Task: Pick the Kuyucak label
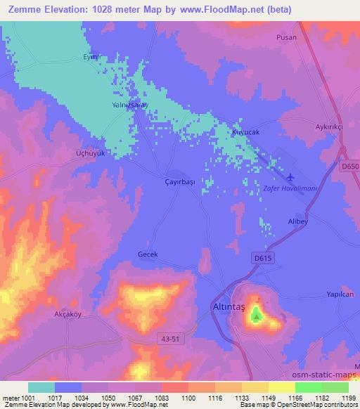(246, 132)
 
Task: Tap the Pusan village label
(286, 37)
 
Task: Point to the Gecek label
(148, 255)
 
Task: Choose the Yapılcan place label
(339, 294)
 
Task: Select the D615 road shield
(262, 258)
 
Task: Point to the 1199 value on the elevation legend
(348, 398)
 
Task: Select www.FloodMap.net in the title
(217, 11)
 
